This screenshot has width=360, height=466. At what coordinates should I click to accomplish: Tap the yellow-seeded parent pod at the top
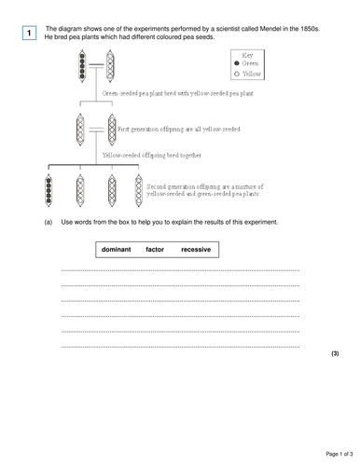(x=111, y=70)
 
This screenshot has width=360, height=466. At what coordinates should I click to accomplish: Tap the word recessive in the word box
(x=196, y=250)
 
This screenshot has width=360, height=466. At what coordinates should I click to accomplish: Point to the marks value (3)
(x=336, y=355)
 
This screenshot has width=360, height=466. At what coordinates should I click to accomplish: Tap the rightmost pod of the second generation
(x=138, y=191)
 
